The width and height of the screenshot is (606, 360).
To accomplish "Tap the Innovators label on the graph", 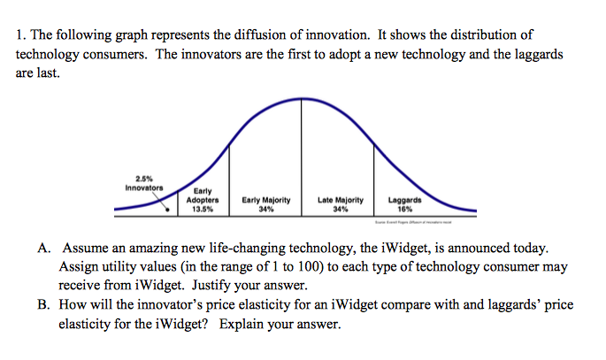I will pyautogui.click(x=142, y=188).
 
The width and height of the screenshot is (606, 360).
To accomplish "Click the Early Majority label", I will pyautogui.click(x=265, y=201).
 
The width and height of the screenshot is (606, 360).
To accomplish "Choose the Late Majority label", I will pyautogui.click(x=340, y=201).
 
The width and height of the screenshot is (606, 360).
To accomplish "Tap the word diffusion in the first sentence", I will pyautogui.click(x=265, y=35).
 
